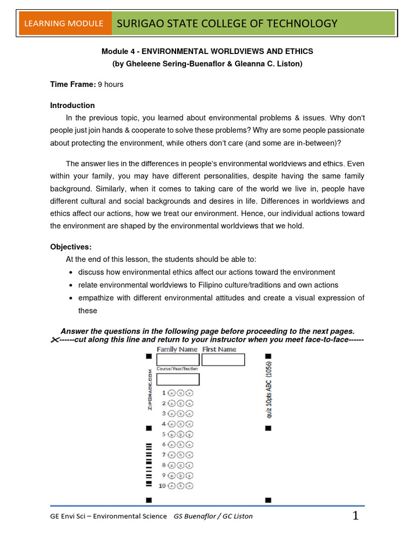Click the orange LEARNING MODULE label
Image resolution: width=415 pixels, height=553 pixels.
pos(62,23)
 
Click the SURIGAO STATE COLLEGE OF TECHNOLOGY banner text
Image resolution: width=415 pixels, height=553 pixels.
pos(227,23)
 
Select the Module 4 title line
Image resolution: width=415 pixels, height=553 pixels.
pos(207,51)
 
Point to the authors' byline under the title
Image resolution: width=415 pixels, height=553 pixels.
pos(207,64)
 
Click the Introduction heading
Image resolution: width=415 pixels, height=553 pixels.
pos(72,105)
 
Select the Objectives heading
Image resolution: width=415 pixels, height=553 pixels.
pos(71,246)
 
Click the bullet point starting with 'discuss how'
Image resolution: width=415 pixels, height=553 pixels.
pos(206,272)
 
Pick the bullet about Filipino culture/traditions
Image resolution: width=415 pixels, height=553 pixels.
pos(208,285)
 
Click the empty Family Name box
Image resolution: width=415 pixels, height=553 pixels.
pos(178,360)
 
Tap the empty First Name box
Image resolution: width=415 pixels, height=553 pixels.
pos(223,360)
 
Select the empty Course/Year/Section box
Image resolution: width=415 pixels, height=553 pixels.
pos(178,379)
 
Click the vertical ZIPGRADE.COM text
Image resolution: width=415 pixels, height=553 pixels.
pos(150,390)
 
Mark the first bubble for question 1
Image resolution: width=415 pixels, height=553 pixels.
pos(171,393)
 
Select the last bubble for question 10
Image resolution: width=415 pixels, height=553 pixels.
pos(189,486)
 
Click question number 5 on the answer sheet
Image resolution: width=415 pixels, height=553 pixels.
pos(164,434)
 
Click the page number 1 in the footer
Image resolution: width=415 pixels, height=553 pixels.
pos(356,516)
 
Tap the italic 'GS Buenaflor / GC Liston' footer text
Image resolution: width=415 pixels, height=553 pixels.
pos(213,516)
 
